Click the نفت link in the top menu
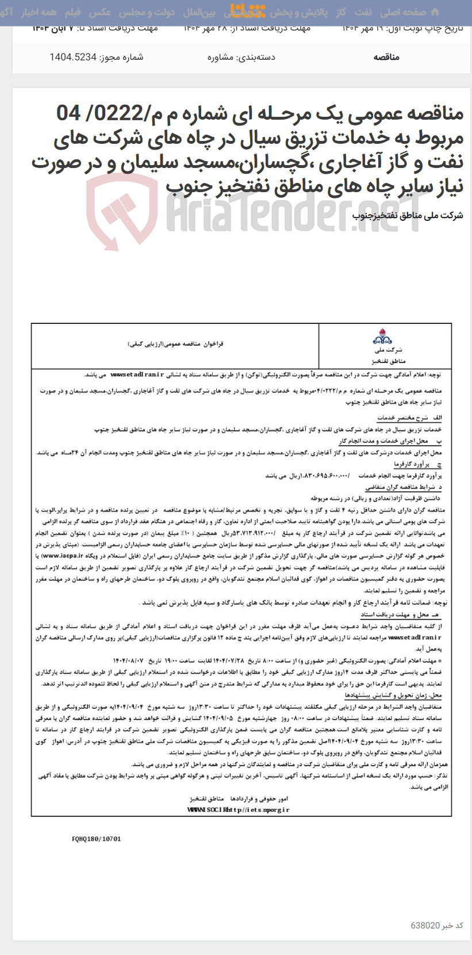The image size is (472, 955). click(x=363, y=12)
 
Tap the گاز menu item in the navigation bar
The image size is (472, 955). click(x=341, y=12)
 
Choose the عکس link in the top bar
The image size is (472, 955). click(x=100, y=12)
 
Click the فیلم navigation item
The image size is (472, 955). click(x=72, y=12)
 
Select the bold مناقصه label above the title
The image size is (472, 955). click(x=386, y=57)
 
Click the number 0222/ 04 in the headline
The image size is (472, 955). click(x=93, y=113)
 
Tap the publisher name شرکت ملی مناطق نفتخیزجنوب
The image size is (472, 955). click(x=408, y=216)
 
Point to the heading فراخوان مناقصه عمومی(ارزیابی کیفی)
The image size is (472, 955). click(x=175, y=343)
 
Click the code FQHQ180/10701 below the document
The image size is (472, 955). click(x=97, y=839)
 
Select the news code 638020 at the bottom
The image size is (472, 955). click(x=425, y=925)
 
